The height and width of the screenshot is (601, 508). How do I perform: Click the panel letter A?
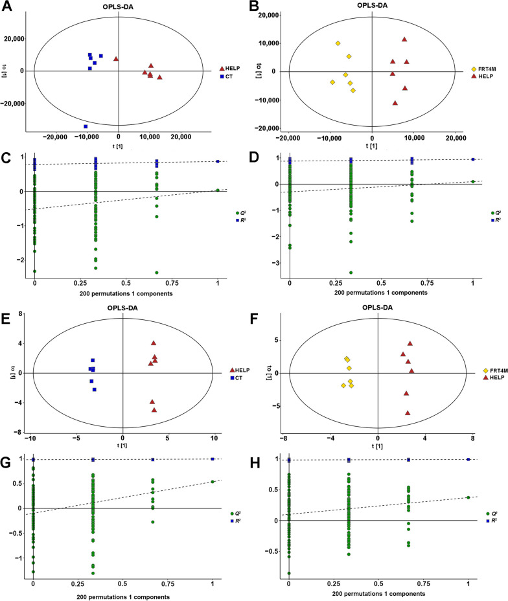[6, 6]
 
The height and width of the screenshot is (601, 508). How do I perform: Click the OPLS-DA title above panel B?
[371, 5]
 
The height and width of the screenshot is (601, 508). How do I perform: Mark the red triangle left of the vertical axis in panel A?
[116, 59]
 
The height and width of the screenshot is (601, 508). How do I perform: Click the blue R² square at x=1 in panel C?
[218, 161]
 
